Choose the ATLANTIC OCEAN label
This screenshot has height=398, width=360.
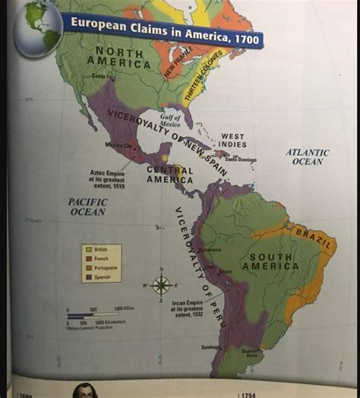[307, 156]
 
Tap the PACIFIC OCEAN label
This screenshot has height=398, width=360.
[87, 207]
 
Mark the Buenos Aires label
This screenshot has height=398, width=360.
[251, 352]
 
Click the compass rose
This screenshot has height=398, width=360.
[160, 286]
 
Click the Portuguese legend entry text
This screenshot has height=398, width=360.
[103, 267]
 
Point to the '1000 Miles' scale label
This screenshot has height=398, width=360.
[124, 308]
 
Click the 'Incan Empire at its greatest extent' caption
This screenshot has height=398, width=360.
[187, 309]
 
